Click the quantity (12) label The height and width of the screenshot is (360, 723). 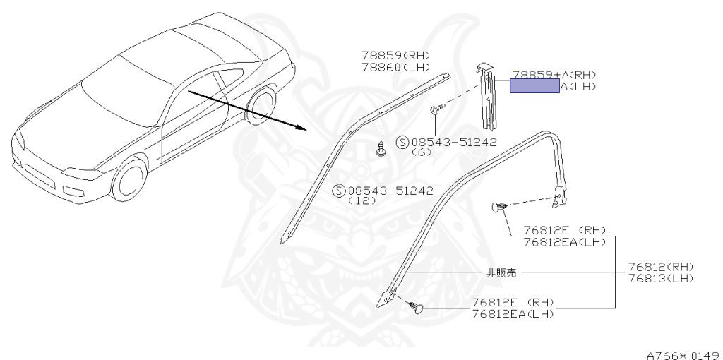(360, 200)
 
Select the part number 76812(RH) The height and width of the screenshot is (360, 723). (661, 267)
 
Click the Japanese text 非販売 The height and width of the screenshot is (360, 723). (501, 272)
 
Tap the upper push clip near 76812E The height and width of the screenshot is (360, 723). (498, 207)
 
